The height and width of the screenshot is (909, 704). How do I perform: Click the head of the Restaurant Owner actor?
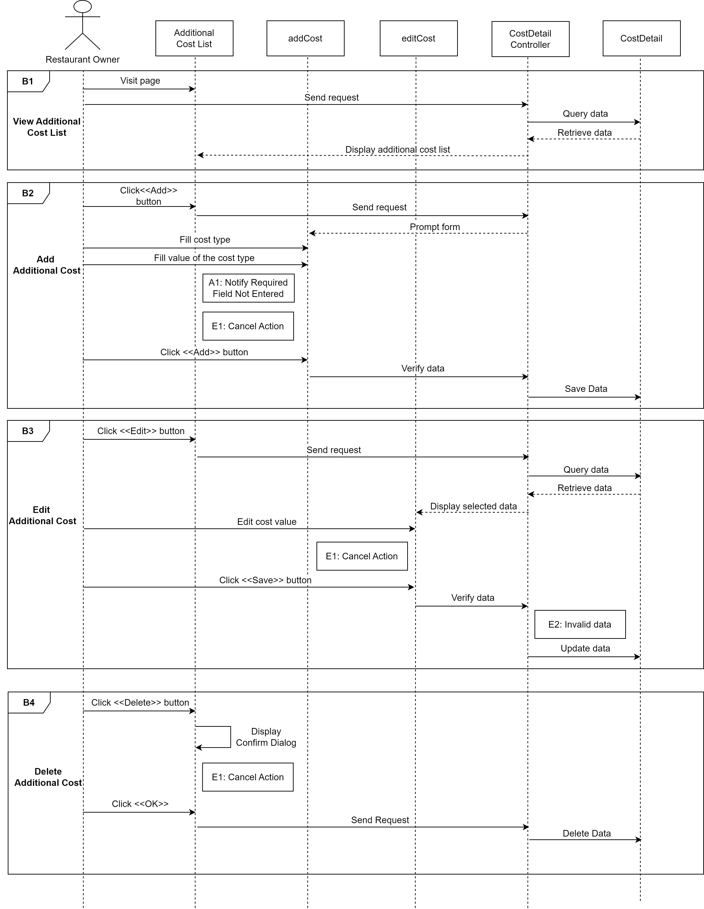coord(82,7)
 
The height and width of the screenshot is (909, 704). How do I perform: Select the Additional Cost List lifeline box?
coord(194,38)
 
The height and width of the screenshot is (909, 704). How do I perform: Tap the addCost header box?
coord(305,38)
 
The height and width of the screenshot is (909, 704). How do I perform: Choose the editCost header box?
coord(418,38)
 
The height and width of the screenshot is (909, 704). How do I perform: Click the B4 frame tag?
coord(29,703)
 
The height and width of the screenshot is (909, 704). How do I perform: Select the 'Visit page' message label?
coord(140,81)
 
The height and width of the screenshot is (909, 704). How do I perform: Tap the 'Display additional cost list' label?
coord(397,149)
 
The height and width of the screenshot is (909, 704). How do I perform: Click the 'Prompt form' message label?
coord(435,227)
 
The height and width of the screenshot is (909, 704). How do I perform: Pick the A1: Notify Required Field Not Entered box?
coord(248,288)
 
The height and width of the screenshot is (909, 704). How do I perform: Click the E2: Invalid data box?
coord(580,624)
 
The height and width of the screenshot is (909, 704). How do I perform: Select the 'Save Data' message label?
coord(586,389)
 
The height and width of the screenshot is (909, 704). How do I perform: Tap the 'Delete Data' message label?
coord(587,833)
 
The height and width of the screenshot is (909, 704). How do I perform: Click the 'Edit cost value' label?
coord(267,522)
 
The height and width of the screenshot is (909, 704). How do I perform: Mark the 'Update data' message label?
coord(585,648)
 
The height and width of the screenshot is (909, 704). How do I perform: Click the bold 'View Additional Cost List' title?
coord(47,127)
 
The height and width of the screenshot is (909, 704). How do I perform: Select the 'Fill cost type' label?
coord(205,240)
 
